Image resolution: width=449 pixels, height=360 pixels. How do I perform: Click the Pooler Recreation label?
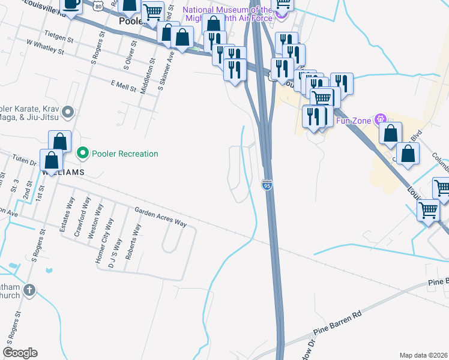click(x=125, y=154)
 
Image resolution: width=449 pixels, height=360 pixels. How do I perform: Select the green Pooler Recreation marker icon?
click(x=83, y=154)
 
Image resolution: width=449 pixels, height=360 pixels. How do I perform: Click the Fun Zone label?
click(x=351, y=120)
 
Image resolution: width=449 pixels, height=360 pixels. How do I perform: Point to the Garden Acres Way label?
click(x=160, y=217)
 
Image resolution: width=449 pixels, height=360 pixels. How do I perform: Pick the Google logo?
click(x=20, y=353)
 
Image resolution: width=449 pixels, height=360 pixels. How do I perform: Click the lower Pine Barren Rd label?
click(x=338, y=323)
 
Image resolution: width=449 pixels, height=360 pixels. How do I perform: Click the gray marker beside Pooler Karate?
click(x=67, y=112)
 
